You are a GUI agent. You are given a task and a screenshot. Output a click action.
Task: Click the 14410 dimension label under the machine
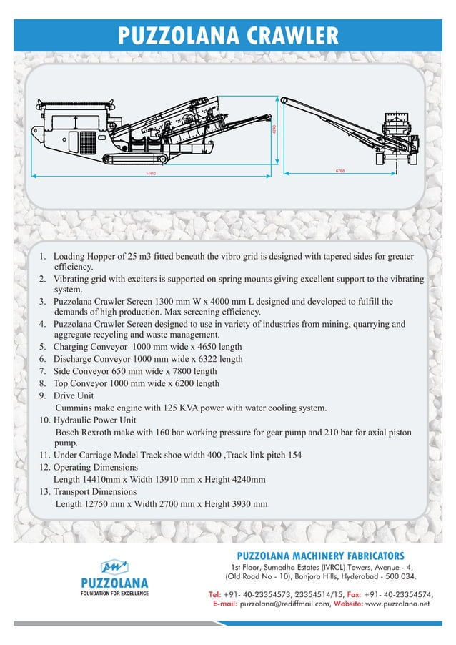tap(151, 174)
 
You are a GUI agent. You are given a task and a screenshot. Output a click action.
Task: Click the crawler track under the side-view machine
tap(137, 157)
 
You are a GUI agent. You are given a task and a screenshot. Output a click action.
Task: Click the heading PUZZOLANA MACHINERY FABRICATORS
tap(320, 556)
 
